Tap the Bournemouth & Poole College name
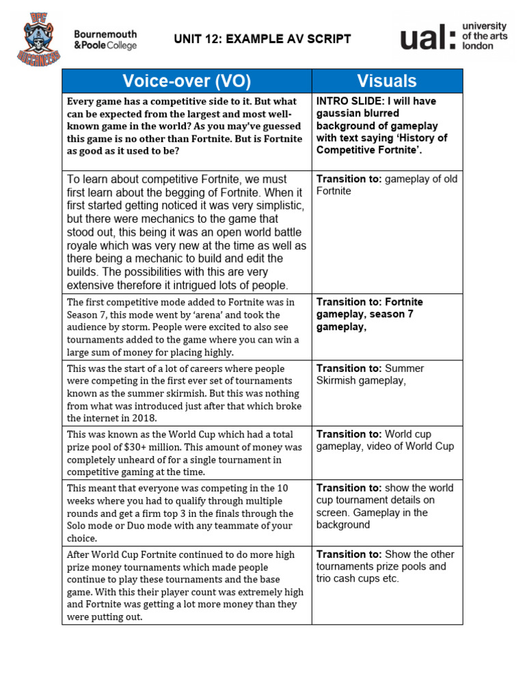105,40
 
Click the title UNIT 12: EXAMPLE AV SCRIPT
262,39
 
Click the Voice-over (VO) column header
187,81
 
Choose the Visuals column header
387,81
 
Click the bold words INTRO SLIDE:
349,101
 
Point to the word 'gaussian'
336,113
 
